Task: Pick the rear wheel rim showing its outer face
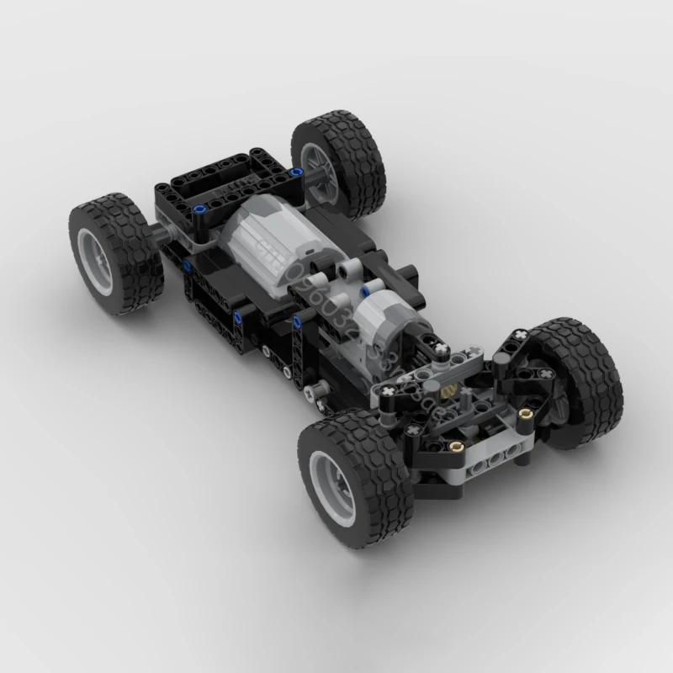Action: point(97,257)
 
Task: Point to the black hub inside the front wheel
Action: point(551,383)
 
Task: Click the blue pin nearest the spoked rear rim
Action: point(296,172)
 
